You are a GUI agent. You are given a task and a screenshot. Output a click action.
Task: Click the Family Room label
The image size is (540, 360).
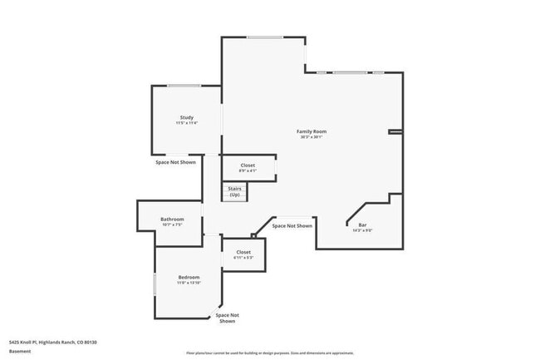point(312,131)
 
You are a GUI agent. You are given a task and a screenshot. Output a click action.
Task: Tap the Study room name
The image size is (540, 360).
point(187,117)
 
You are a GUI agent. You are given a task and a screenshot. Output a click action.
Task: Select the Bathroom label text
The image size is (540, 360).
point(172,219)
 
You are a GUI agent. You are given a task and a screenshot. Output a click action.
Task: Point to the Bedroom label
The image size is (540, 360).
point(189,277)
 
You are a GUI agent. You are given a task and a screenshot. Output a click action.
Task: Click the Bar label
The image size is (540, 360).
point(362,224)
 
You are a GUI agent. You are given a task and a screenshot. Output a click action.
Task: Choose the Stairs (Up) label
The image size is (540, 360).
point(234,191)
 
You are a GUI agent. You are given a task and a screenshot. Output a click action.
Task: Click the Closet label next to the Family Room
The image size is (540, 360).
point(248,165)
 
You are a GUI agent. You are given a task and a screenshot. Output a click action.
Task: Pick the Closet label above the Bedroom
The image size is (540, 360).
point(243,252)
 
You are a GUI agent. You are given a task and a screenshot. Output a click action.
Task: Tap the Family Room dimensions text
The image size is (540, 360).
point(312,137)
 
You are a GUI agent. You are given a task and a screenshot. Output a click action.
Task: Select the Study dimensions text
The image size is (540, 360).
point(187,123)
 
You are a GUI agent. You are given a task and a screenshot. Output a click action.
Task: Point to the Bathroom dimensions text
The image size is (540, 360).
point(172,224)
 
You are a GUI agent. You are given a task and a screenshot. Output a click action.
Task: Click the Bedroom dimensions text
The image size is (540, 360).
point(189,283)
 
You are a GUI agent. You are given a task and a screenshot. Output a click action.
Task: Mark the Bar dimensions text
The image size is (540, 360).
point(362,230)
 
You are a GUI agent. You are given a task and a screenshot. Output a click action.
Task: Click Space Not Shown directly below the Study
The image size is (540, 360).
point(176,162)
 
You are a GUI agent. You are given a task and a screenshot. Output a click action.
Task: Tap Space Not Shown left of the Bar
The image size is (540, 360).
point(292,226)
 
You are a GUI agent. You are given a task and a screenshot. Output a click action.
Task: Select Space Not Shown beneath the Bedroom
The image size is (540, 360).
point(228,318)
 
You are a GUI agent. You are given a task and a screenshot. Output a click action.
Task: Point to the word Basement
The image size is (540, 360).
point(20,351)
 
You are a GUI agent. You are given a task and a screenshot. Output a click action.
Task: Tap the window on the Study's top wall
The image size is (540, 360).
point(184,86)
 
